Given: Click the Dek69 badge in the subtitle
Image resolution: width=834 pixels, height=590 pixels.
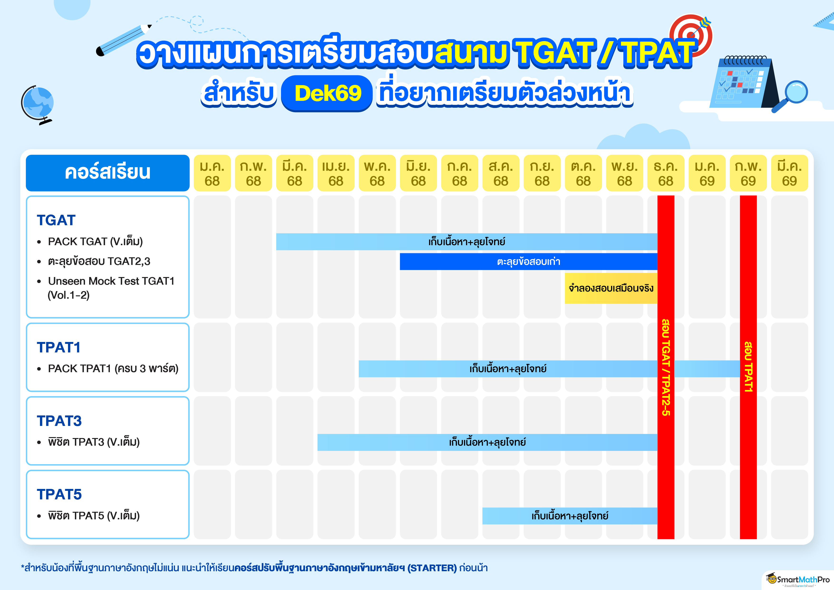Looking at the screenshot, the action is (327, 93).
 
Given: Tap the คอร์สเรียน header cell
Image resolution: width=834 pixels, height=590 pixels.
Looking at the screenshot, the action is (107, 173).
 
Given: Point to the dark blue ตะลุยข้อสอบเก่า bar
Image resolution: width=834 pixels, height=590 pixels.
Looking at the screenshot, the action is (529, 262).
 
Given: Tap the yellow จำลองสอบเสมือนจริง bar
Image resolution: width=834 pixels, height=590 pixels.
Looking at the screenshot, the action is (611, 288).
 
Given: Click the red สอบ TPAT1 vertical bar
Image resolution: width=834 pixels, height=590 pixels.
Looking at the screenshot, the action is (748, 367).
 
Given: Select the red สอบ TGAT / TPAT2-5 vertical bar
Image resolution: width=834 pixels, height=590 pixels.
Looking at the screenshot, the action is (666, 367).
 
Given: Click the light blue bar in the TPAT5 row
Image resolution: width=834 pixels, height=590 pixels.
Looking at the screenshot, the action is (570, 516).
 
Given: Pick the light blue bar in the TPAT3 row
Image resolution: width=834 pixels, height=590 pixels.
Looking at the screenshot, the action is (487, 442).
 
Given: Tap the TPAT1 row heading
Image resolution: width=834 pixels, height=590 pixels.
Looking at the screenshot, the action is (58, 347).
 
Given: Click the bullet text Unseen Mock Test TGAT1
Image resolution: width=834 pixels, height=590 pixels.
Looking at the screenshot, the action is (111, 281).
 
